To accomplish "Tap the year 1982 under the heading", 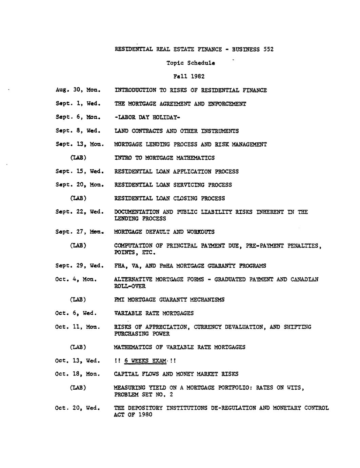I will (197, 77).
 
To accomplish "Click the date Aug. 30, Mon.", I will (78, 90).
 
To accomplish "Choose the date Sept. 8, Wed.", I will (78, 131).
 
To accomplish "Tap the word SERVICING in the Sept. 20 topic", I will (189, 185).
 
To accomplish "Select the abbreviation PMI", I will (119, 300).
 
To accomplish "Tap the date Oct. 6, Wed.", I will (76, 313).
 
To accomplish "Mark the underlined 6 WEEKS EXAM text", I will (145, 361).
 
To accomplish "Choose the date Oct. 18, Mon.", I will (78, 374).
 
